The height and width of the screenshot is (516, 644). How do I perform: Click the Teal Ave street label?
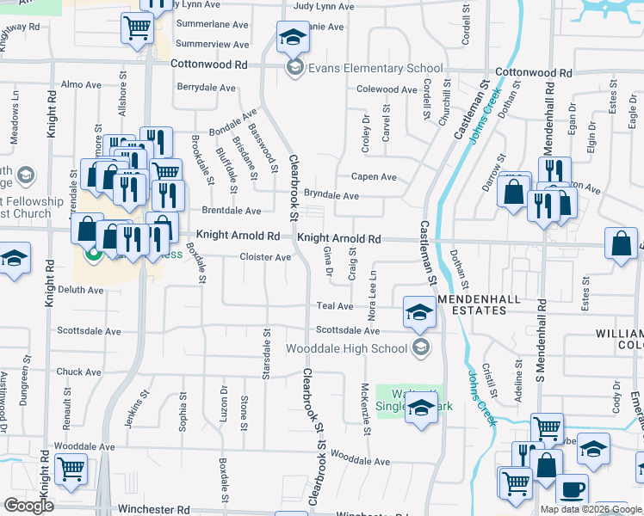[335, 306]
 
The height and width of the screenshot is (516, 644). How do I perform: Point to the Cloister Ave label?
[265, 257]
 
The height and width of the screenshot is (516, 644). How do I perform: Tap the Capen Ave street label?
[373, 177]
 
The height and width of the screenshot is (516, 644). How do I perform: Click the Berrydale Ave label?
[206, 88]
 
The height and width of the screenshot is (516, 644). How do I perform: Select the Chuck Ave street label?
[78, 372]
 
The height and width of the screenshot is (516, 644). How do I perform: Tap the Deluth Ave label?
[80, 291]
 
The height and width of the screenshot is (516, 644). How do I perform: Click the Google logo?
[28, 506]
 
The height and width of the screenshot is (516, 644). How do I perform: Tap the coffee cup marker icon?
[572, 490]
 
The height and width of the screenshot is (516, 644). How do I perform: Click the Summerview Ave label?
[213, 45]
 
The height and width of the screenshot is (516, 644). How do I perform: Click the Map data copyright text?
[591, 509]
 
